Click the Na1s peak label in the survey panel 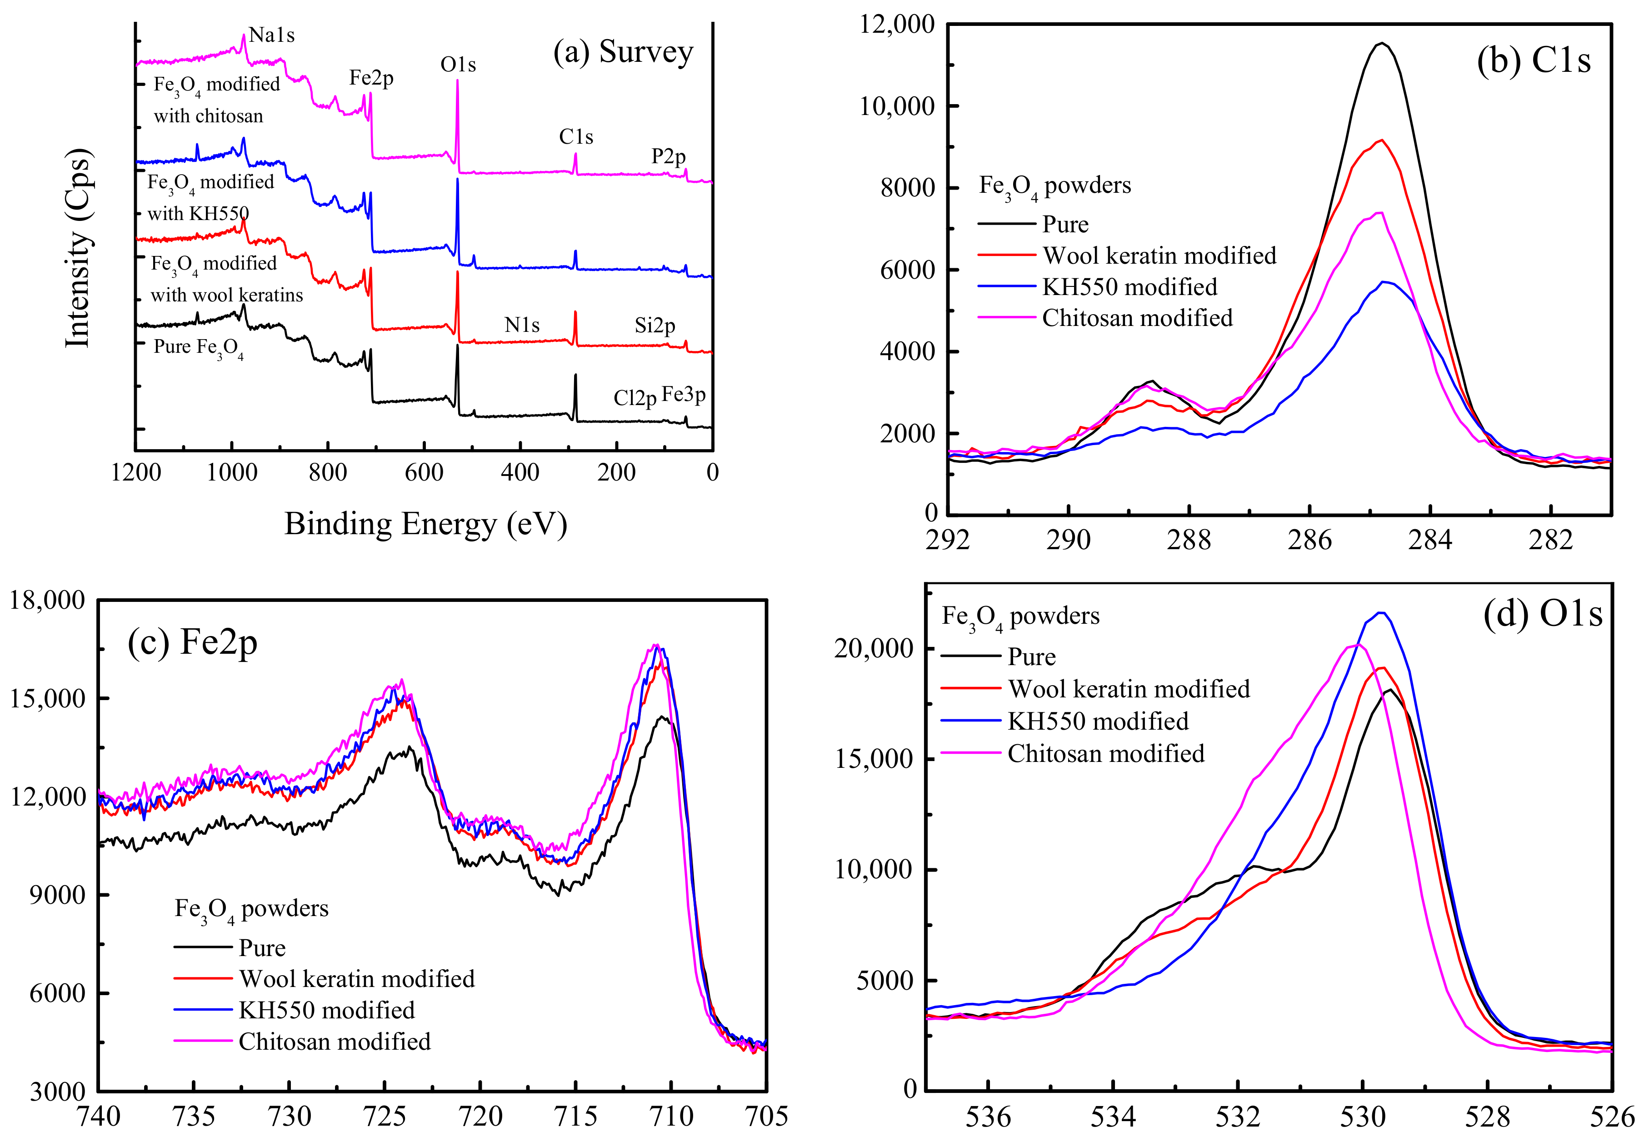[271, 35]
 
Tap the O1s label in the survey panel [458, 65]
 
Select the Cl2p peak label [635, 397]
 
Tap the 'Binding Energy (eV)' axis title [425, 524]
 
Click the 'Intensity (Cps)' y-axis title [78, 249]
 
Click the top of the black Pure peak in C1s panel [1382, 44]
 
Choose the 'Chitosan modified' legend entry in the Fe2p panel [334, 1042]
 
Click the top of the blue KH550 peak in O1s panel [1380, 613]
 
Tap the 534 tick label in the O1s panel [1113, 1117]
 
